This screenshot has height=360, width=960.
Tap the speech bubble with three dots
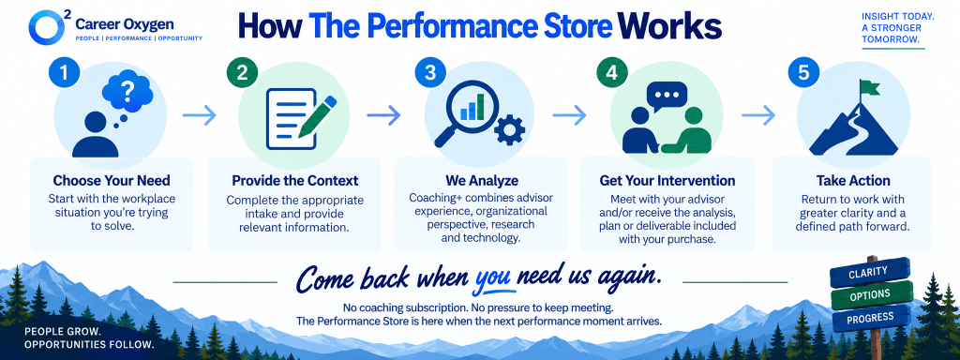667,97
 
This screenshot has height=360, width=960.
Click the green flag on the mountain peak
869,88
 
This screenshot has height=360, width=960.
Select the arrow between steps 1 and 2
200,114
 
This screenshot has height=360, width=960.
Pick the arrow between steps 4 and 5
757,114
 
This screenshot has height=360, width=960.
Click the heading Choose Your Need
112,181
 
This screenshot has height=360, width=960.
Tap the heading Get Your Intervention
667,181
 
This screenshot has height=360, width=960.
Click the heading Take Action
853,181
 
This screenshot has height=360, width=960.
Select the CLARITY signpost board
868,273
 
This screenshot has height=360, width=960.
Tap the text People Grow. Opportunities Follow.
89,338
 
